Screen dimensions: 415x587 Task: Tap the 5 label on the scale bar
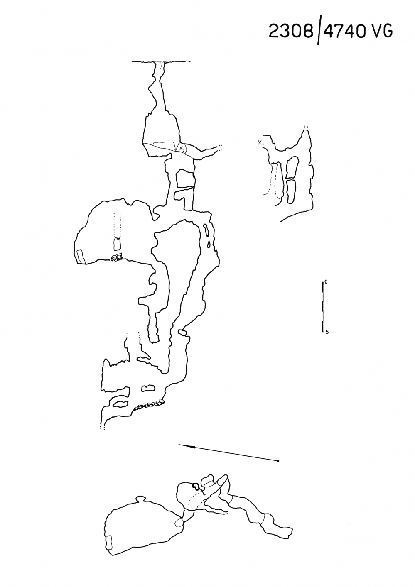(327, 332)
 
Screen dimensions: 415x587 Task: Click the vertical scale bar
(322, 307)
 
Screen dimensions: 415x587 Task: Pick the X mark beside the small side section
(260, 142)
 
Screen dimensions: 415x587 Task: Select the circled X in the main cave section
(181, 148)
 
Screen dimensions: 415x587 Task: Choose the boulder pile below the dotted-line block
(116, 257)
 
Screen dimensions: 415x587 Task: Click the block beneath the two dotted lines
(117, 243)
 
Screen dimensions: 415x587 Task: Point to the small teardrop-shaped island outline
(209, 244)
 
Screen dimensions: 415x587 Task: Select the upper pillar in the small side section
(292, 167)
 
